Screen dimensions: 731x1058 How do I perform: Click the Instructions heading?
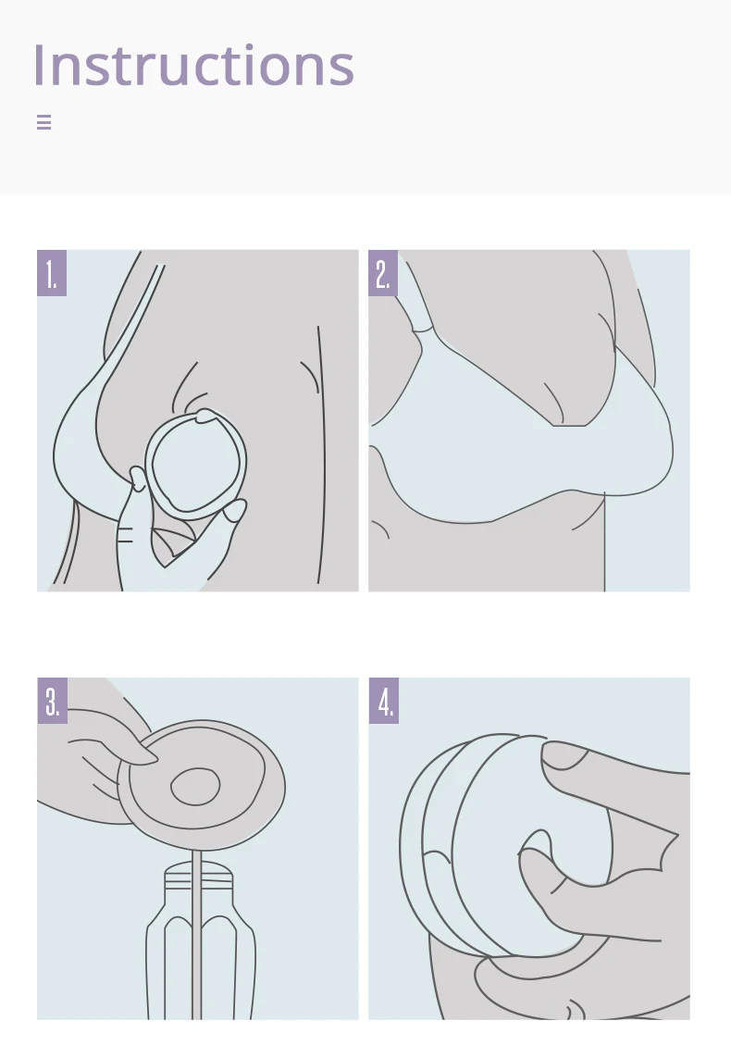(193, 66)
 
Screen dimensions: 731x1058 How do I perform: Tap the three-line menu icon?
(43, 122)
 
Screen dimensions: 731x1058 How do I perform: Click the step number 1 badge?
(51, 272)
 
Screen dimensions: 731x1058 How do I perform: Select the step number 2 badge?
(382, 272)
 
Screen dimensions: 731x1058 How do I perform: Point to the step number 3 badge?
(52, 701)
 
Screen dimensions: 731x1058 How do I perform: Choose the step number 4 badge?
(384, 701)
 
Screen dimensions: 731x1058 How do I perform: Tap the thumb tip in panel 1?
(138, 477)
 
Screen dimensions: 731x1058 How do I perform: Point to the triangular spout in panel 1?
(172, 546)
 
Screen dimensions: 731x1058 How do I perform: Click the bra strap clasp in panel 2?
(422, 327)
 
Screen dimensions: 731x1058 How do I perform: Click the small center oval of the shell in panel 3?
(195, 787)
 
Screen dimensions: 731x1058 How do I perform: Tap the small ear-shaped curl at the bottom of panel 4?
(576, 1009)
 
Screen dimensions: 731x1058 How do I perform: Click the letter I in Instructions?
(39, 66)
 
